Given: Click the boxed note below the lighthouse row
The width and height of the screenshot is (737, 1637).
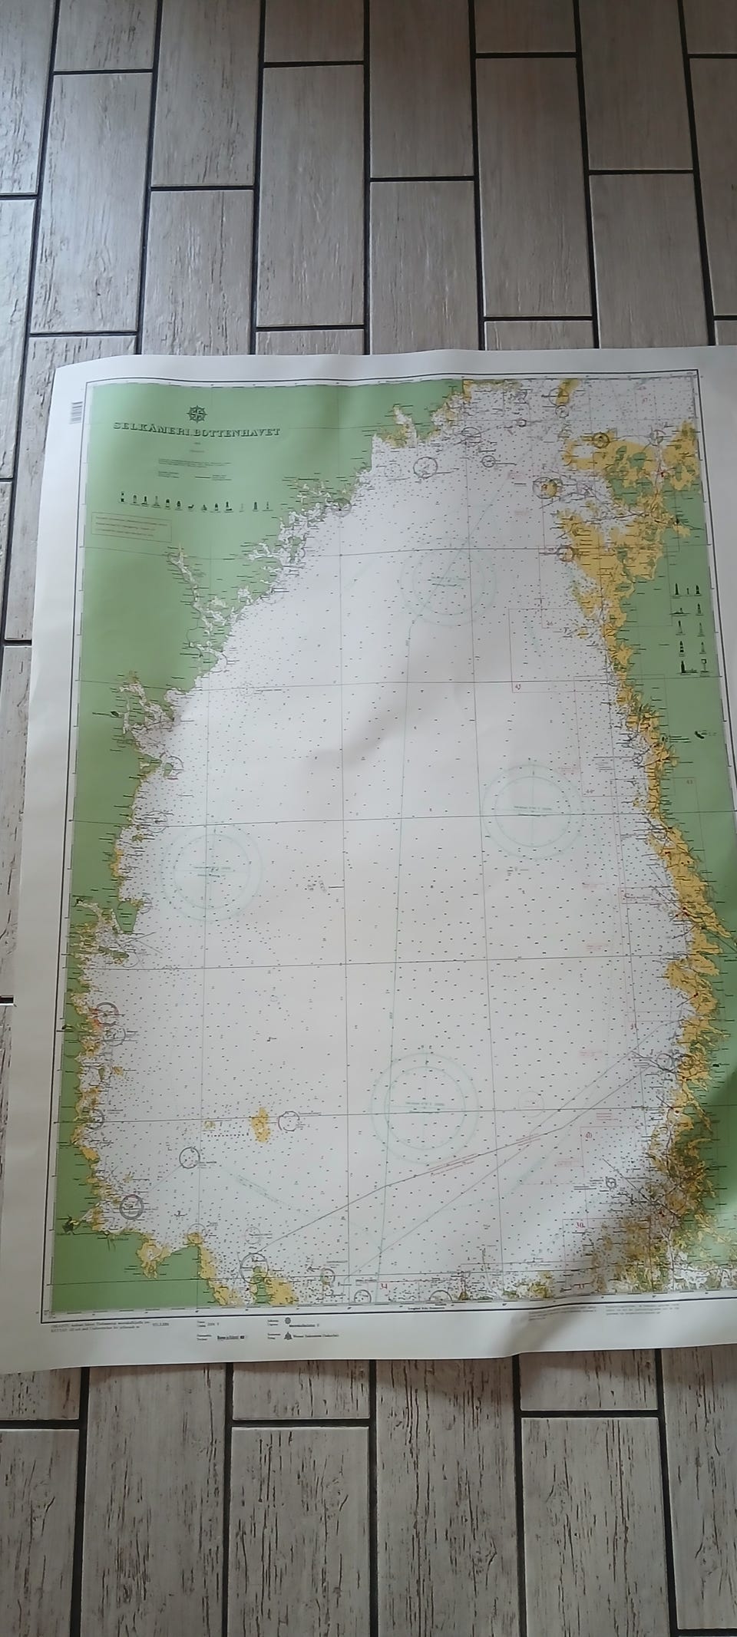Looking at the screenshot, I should point(131,526).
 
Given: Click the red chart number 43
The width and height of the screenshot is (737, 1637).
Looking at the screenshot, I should point(517,686).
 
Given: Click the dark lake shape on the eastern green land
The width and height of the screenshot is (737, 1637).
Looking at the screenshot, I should point(701,734).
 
